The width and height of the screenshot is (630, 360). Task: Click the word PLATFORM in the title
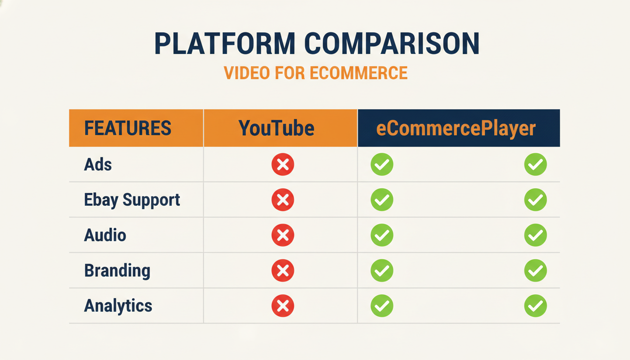pos(225,44)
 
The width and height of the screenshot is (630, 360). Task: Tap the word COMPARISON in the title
pos(392,44)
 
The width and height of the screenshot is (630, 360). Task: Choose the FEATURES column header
pos(127,128)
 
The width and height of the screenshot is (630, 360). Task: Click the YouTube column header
pos(276,128)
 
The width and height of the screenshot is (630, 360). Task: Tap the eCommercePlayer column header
pos(456,128)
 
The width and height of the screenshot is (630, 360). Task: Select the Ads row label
pos(98,165)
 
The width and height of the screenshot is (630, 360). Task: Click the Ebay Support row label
pos(132,200)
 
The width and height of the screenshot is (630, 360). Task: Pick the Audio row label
pos(105,235)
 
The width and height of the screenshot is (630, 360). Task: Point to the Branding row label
pos(117,270)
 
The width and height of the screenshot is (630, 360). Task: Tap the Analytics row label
pos(118,306)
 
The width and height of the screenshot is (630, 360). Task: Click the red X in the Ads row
pos(283,165)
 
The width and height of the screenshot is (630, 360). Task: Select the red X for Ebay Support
pos(283,200)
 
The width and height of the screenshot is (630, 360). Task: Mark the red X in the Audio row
pos(283,235)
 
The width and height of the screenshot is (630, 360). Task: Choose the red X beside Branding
pos(283,270)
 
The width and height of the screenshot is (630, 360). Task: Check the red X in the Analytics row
pos(283,306)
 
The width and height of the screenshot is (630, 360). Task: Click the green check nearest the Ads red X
pos(382,165)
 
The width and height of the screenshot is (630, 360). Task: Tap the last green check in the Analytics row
pos(535,306)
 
